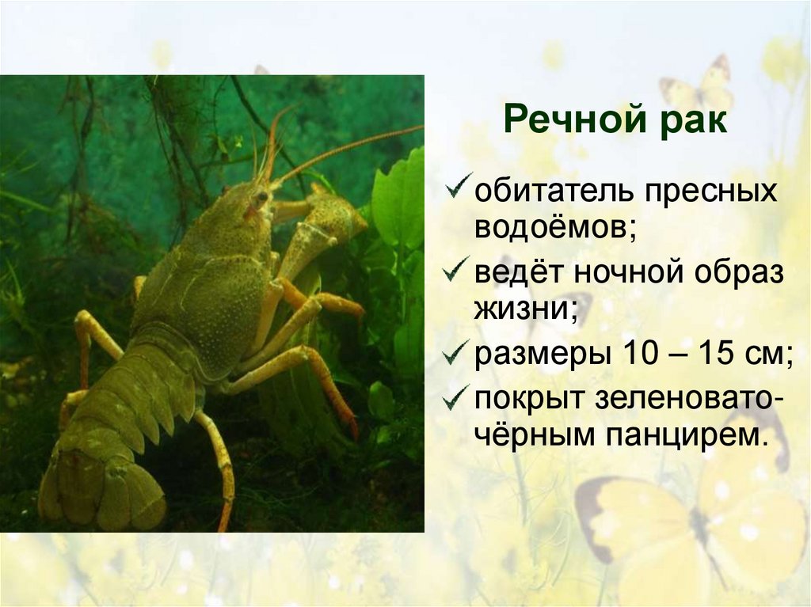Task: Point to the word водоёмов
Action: click(556, 229)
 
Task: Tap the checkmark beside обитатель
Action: click(459, 189)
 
